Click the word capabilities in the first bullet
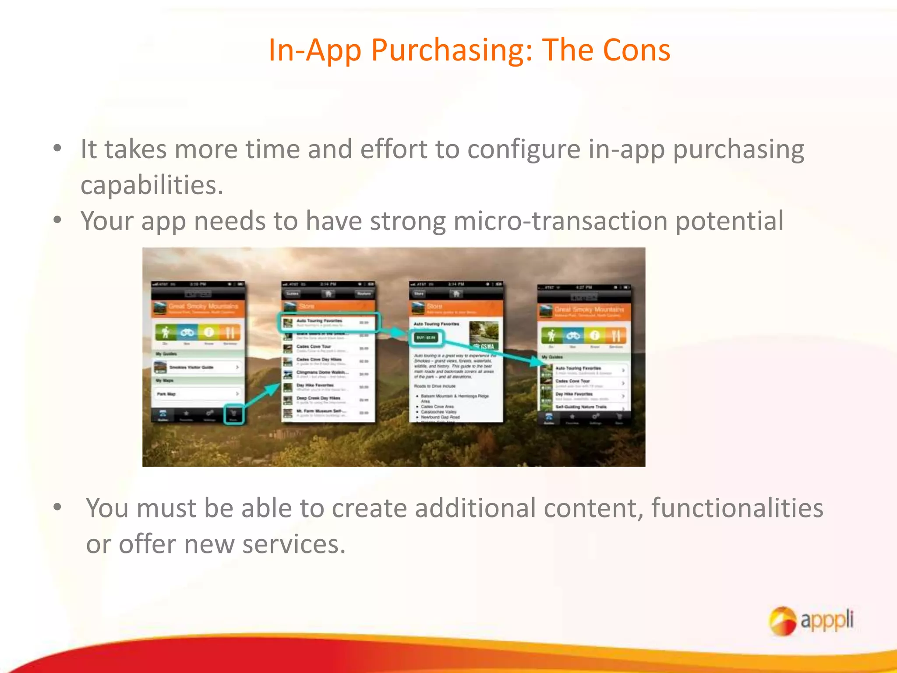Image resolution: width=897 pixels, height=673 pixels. point(151,185)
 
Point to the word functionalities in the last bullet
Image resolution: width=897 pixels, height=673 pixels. point(737,508)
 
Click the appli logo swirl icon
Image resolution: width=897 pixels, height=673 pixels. point(782,620)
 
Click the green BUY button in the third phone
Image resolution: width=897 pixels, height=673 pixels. point(426,338)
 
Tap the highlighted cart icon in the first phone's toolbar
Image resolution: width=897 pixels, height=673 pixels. point(233,414)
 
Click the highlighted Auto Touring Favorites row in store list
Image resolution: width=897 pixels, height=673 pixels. point(328,322)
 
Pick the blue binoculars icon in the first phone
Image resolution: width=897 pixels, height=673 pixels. point(187,333)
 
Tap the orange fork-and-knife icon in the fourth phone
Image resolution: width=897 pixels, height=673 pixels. point(616,336)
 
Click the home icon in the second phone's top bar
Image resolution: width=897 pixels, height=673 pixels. point(328,294)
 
